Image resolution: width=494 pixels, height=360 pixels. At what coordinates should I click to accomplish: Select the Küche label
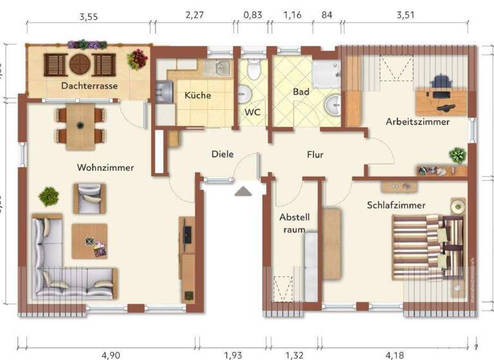click(197, 95)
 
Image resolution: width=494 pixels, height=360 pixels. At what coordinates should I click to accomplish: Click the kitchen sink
click(221, 67)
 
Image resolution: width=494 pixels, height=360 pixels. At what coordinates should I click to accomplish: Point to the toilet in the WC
click(254, 69)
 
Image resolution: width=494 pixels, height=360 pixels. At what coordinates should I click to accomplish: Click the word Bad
click(300, 92)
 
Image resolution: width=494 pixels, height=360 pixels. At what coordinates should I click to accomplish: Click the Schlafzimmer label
click(396, 205)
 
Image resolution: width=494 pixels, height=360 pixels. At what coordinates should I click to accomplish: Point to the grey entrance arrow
click(243, 191)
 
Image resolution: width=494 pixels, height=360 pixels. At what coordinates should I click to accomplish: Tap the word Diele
click(223, 154)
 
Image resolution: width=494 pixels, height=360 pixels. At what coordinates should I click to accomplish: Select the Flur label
click(315, 154)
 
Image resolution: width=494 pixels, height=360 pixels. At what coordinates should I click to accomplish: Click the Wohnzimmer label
click(105, 168)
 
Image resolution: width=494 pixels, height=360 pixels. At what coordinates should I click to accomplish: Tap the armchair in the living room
click(89, 197)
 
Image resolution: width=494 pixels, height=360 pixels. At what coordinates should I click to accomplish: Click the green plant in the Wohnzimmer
click(49, 195)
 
